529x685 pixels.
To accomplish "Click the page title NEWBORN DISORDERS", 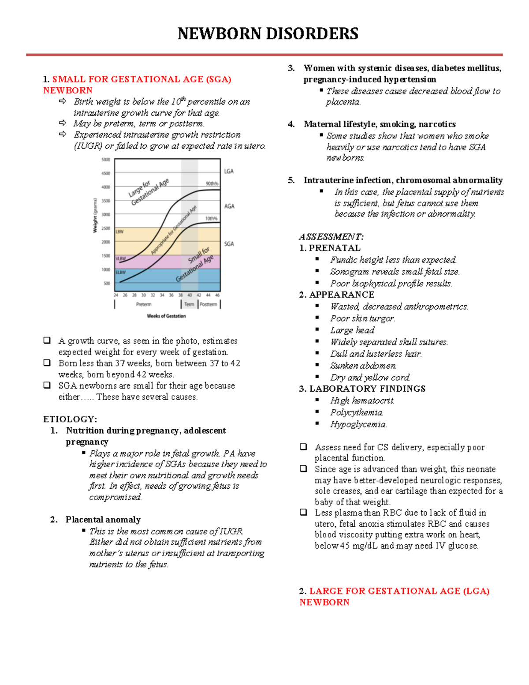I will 268,34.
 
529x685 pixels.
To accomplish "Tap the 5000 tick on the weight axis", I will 106,160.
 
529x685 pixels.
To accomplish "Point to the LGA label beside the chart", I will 229,171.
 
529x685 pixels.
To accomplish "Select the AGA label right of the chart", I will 229,206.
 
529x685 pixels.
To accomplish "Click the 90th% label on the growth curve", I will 212,183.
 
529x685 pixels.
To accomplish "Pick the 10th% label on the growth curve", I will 211,218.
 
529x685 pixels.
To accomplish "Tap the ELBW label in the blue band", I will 120,272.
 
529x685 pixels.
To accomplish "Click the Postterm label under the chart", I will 209,304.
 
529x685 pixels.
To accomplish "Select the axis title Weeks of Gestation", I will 166,316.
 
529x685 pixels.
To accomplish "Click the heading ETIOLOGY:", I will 70,419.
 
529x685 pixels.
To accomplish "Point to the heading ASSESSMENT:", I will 331,236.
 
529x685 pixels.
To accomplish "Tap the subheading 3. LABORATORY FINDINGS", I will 362,389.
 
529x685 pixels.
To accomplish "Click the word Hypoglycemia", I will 358,424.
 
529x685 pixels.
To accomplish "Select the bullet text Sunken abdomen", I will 363,366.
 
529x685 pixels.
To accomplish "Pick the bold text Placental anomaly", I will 103,520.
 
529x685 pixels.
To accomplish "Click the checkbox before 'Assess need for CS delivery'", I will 303,447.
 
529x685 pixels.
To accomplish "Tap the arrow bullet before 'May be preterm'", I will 62,123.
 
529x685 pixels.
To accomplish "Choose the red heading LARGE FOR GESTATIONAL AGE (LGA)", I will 399,591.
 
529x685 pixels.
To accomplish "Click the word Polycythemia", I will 356,412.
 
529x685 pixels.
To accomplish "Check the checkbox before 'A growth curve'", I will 47,341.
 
